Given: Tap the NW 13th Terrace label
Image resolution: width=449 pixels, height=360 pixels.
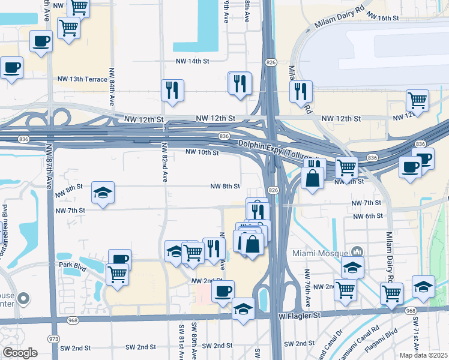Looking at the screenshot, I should (x=82, y=79).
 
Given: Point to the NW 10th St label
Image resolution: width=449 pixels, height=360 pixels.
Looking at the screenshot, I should (x=202, y=153).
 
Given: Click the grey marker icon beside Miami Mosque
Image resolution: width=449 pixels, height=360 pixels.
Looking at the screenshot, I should (x=357, y=252).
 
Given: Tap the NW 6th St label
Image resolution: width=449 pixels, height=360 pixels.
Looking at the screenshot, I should (x=367, y=216).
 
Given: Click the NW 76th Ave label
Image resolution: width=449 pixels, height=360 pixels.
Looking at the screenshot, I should (x=307, y=284).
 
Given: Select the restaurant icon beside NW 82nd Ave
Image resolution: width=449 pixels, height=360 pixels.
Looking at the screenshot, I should (x=172, y=90).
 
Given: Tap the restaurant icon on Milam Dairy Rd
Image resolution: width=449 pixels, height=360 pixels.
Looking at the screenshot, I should (x=301, y=91).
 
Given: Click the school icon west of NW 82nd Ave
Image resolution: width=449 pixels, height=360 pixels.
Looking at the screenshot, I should (x=103, y=193).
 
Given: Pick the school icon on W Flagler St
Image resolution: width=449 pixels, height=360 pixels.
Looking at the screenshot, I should (x=244, y=309).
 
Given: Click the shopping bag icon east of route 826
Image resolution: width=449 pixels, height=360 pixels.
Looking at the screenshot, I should (x=313, y=178).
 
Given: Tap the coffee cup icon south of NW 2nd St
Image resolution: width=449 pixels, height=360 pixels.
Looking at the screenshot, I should (x=223, y=291).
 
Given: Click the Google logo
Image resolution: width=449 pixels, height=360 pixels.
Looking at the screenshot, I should (x=20, y=353).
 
